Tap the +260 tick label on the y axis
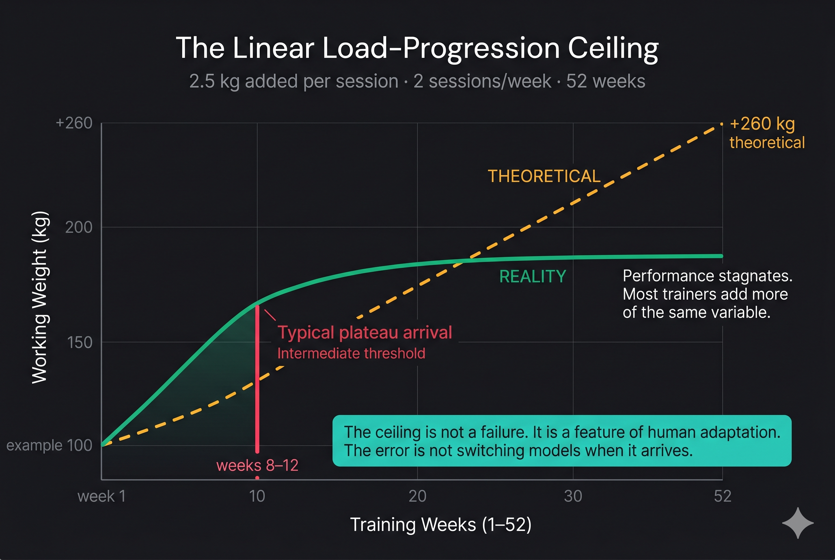(x=74, y=123)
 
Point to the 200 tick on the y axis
(x=79, y=227)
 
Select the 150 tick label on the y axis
(x=80, y=343)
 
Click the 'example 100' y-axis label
(x=49, y=445)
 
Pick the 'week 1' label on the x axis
(x=101, y=496)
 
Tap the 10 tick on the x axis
(x=257, y=496)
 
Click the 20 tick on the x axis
(x=417, y=496)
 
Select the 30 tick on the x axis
(x=573, y=496)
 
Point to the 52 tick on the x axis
(x=722, y=496)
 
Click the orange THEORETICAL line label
(x=544, y=176)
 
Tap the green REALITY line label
(x=532, y=277)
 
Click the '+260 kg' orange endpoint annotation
(x=762, y=124)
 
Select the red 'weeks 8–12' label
(x=257, y=466)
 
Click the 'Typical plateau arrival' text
(x=365, y=333)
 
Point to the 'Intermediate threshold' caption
(x=351, y=353)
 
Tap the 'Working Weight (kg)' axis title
(x=40, y=297)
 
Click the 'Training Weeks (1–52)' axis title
(x=441, y=525)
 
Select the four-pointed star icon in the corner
(x=798, y=523)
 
